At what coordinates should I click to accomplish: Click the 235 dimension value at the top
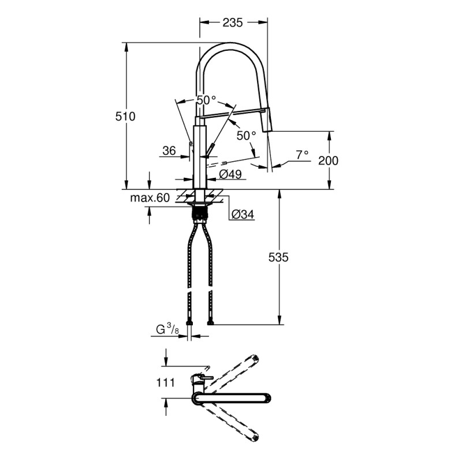(x=233, y=23)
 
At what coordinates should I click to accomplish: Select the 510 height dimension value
(x=125, y=116)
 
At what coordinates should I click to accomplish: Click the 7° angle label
(x=302, y=155)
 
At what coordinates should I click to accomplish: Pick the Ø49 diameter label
(x=230, y=174)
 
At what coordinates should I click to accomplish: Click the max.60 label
(x=150, y=198)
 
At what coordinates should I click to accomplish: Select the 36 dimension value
(x=169, y=151)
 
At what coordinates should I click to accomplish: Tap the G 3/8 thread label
(x=167, y=330)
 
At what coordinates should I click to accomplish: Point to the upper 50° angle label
(x=206, y=100)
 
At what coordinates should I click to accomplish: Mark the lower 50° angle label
(x=246, y=135)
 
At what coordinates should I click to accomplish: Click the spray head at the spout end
(x=267, y=120)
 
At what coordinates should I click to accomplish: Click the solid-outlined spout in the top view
(x=231, y=397)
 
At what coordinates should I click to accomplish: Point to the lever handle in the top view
(x=202, y=378)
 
